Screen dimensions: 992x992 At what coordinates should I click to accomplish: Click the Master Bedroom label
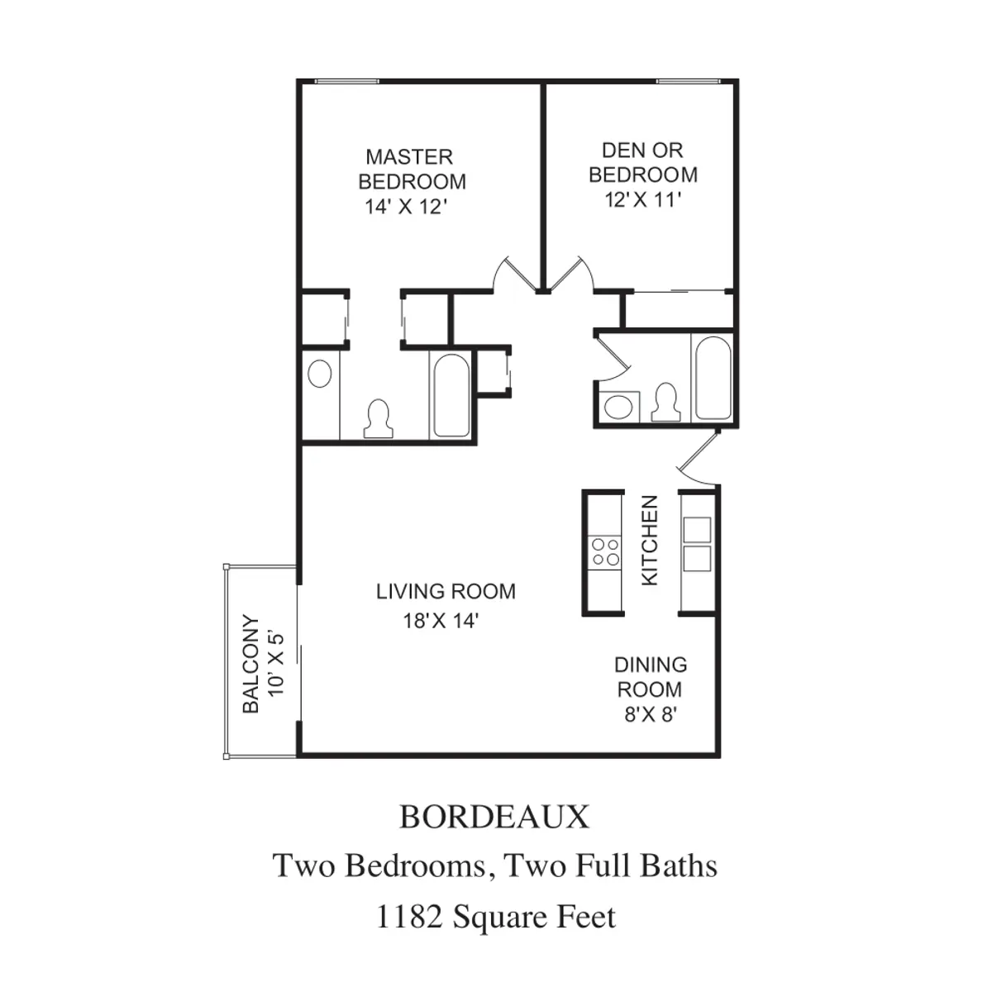[412, 169]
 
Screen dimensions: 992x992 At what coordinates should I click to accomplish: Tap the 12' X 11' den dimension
[642, 200]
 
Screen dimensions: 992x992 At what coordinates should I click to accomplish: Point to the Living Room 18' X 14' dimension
[441, 621]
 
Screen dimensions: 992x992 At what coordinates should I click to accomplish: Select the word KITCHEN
[650, 541]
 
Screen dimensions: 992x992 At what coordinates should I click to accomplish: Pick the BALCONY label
[251, 664]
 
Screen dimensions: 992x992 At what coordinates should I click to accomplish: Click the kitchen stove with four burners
[603, 551]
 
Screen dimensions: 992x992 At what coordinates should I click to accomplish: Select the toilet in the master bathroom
[378, 418]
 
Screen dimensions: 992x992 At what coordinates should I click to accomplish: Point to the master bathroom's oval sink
[319, 374]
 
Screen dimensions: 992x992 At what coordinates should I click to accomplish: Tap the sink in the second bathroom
[616, 406]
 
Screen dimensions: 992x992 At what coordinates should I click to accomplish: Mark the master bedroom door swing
[510, 274]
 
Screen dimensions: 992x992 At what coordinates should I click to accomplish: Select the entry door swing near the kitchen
[699, 460]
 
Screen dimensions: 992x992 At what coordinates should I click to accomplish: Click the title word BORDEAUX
[494, 817]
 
